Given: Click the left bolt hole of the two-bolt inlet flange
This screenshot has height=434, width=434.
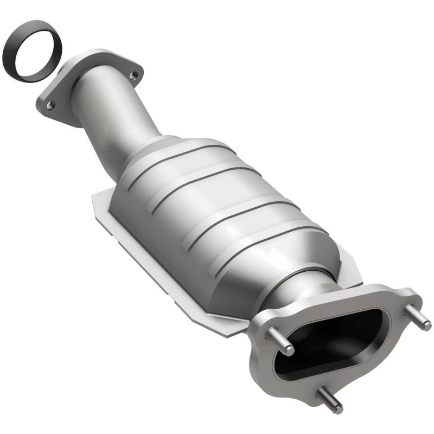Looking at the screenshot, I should point(50,106).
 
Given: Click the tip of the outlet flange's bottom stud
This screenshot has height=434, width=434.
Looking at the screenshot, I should point(337,408).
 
